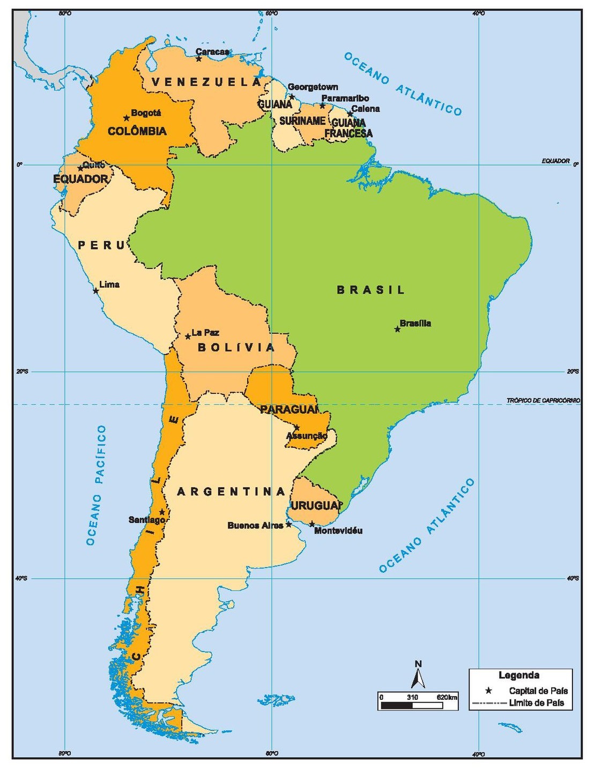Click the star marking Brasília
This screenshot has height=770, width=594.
[x=397, y=329]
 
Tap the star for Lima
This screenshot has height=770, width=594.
[x=96, y=291]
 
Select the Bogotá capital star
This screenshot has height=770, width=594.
[x=127, y=118]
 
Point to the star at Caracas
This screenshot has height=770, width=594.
[x=199, y=58]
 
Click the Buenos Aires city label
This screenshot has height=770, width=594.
[x=255, y=526]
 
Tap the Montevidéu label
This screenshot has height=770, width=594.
[x=338, y=530]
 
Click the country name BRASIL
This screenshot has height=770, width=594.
[x=370, y=290]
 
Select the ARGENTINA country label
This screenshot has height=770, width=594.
[x=231, y=491]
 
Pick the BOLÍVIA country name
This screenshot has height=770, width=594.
[x=236, y=347]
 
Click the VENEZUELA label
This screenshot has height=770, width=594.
[x=206, y=82]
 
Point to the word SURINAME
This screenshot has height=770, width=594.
[x=302, y=121]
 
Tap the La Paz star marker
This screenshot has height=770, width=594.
[x=188, y=337]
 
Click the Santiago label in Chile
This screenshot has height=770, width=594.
[x=146, y=520]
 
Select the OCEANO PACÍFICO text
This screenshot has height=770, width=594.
[x=97, y=485]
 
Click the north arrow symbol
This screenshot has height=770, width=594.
[x=418, y=676]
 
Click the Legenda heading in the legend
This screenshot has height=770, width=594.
[x=519, y=675]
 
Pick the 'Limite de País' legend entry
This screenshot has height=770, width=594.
[x=536, y=703]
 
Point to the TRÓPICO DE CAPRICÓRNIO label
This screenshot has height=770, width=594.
[x=543, y=400]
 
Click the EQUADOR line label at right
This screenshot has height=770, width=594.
[x=555, y=161]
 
